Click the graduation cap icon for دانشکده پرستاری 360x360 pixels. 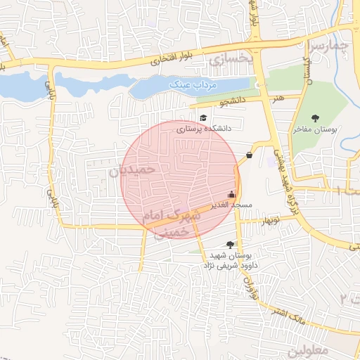point(203,118)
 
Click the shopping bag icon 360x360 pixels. point(249,155)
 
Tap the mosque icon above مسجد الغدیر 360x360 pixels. point(231,194)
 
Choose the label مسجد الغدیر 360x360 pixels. point(236,205)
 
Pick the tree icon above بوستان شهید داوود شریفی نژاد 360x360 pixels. point(231,245)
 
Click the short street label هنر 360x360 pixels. point(280,98)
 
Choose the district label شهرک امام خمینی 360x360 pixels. point(172,221)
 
